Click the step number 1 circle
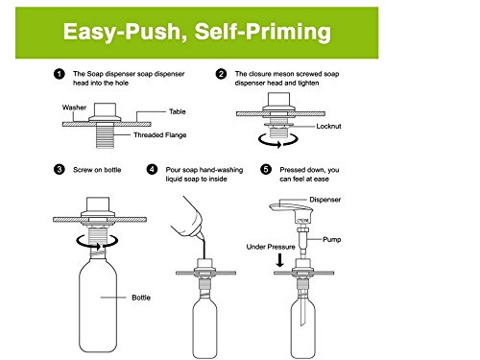pos(60,74)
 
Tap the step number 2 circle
pos(221,74)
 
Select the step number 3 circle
pos(60,169)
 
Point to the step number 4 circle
pos(152,169)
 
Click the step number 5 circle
pos(266,169)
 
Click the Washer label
pos(74,108)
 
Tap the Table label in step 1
pos(178,111)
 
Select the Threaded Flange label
pos(160,135)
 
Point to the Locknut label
pos(328,127)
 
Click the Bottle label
pos(141,298)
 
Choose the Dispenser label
pos(324,200)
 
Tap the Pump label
pos(332,239)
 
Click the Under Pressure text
pos(271,247)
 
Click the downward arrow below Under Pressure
pos(280,260)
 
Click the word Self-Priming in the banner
pos(263,33)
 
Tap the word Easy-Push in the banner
pos(123,33)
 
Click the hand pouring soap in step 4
pos(187,219)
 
